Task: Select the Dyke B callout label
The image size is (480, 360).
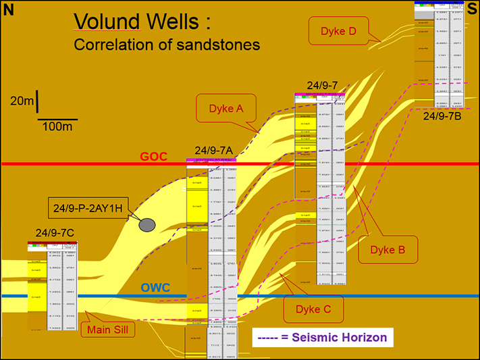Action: point(392,250)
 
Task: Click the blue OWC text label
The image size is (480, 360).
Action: point(155,288)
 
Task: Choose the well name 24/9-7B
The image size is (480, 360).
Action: point(442,116)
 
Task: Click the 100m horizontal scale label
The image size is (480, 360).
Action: point(57,126)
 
